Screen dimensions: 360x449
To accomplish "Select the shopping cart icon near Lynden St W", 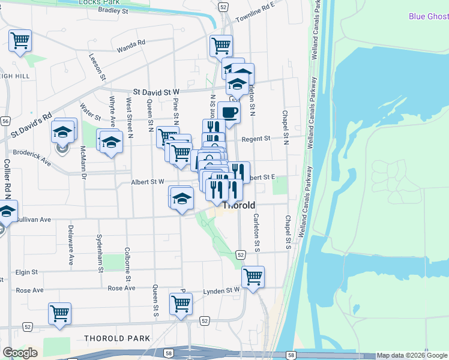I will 253,277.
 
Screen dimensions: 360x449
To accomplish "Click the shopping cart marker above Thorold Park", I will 60,313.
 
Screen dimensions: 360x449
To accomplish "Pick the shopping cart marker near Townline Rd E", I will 221,44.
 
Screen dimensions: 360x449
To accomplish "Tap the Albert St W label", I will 148,182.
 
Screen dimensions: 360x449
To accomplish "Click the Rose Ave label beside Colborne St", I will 121,289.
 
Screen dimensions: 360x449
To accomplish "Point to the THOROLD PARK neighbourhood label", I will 117,338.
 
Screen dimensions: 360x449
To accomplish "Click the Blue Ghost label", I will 429,16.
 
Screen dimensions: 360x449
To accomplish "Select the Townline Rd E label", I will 255,13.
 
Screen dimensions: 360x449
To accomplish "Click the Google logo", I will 20,353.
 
